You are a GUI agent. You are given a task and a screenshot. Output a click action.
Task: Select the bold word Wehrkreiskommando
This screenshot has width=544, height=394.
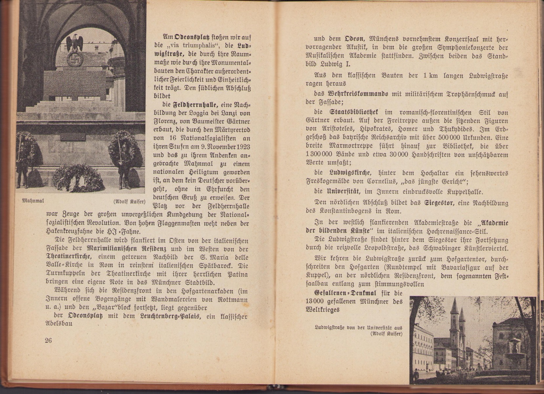click(x=358, y=94)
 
